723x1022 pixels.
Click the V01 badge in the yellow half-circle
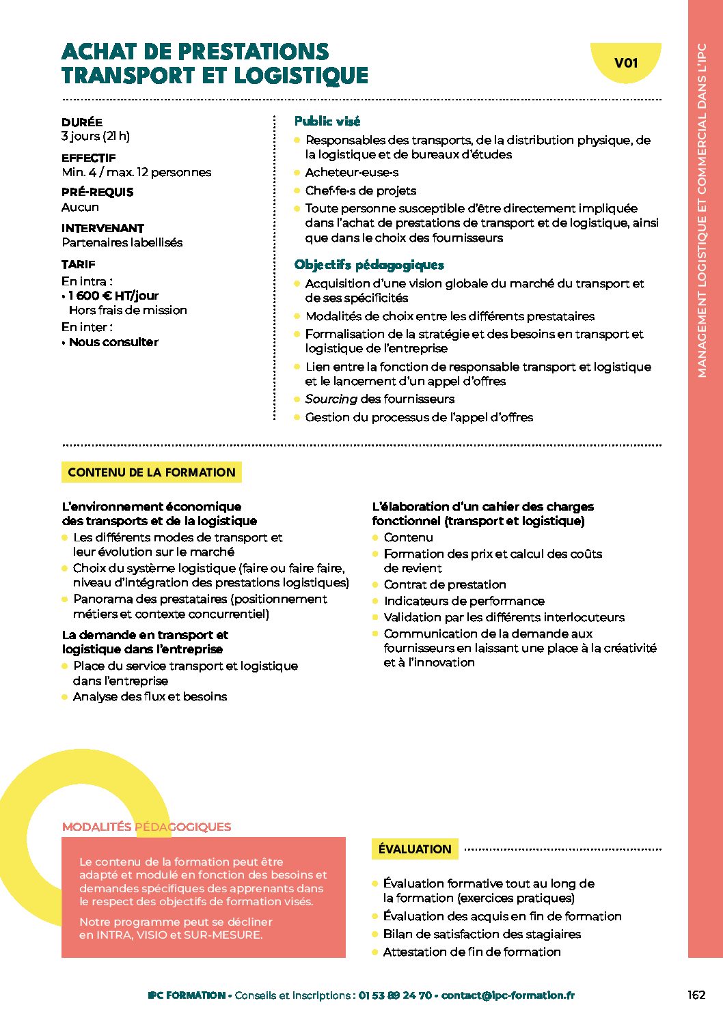626,63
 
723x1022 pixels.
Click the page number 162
696,995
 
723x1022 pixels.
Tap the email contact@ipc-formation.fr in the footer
508,995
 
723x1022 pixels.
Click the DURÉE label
82,122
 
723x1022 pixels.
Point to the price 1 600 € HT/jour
113,296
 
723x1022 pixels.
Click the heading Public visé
327,122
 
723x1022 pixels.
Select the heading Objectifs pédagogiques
369,265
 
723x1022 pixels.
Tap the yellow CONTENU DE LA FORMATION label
152,472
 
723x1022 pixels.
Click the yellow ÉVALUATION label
415,849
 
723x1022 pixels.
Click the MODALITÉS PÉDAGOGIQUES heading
146,827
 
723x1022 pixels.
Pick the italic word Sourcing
331,399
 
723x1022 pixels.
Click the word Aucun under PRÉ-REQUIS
80,207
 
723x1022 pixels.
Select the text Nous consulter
113,342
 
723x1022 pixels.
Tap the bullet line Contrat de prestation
445,584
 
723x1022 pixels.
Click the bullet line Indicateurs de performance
464,601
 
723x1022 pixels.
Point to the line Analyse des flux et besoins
150,696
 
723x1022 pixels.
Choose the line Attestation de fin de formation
472,952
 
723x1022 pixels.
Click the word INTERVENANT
103,228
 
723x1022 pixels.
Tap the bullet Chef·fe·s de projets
360,190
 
